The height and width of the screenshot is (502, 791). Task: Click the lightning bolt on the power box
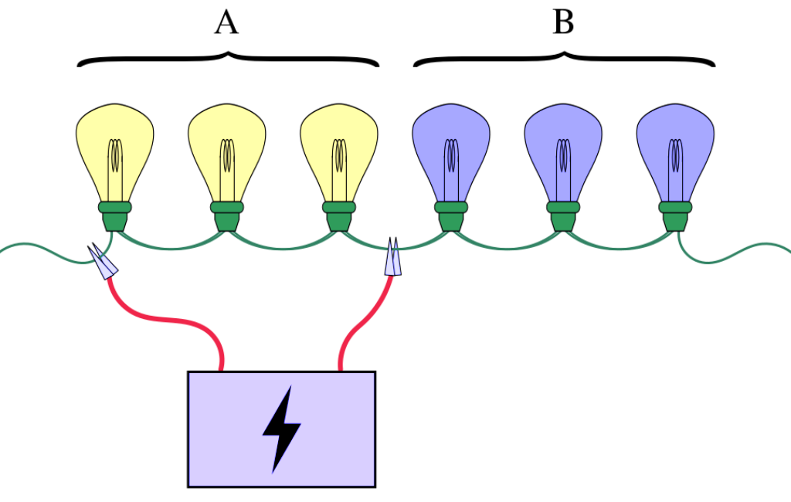tap(281, 429)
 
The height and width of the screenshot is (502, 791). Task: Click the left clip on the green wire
tap(104, 262)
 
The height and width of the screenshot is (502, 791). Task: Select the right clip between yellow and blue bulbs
tap(393, 259)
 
